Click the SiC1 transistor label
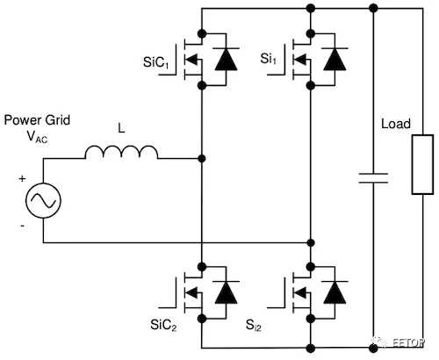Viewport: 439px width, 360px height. click(x=155, y=62)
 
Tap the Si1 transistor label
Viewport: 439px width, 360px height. click(x=268, y=59)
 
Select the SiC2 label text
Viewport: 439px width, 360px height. click(x=163, y=325)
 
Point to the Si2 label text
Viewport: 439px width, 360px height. click(x=254, y=325)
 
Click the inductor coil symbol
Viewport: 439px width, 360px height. click(x=121, y=152)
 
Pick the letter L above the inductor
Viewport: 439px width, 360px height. click(x=121, y=128)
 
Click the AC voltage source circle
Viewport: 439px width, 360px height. click(x=43, y=200)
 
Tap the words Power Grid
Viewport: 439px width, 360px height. click(x=37, y=120)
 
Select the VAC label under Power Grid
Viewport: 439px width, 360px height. click(x=37, y=137)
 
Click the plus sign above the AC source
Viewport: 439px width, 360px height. click(x=22, y=178)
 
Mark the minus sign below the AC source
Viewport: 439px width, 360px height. click(x=22, y=226)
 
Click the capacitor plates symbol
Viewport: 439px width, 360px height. click(x=373, y=178)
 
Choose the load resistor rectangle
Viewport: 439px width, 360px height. click(x=422, y=164)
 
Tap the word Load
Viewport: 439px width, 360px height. click(x=396, y=124)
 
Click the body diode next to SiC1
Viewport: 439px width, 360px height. click(x=226, y=60)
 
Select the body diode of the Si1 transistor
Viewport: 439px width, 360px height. click(x=335, y=60)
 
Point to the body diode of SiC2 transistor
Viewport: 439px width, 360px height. click(x=226, y=292)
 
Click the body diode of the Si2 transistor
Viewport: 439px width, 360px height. click(x=335, y=292)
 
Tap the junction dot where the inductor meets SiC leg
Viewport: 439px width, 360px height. click(x=202, y=159)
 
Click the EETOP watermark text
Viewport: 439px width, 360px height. click(x=407, y=342)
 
